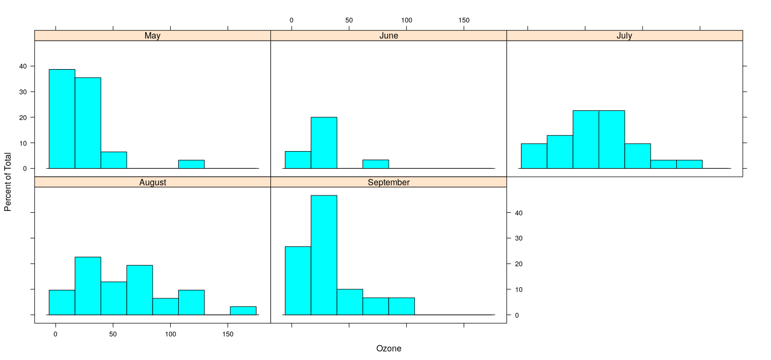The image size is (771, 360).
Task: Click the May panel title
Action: click(153, 36)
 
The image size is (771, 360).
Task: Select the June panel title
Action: click(388, 36)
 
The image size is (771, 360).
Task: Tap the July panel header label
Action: click(624, 36)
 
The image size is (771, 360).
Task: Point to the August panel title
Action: click(153, 182)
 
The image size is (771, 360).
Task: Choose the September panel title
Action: click(388, 182)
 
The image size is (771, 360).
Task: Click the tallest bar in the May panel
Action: click(62, 119)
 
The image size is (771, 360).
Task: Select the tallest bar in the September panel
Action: click(324, 255)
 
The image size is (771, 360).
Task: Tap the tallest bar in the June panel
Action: click(324, 142)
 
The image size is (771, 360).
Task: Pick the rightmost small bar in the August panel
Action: click(243, 311)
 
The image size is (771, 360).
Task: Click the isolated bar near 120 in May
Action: click(191, 164)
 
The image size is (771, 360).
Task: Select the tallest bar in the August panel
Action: click(88, 286)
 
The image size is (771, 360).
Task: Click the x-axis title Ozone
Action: click(388, 349)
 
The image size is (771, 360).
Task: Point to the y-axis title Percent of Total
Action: click(7, 182)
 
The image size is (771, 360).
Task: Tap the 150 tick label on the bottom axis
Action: click(228, 334)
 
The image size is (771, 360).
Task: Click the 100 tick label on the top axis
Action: click(406, 20)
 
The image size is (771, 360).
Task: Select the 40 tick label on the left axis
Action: click(23, 66)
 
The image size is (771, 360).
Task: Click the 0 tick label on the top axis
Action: click(291, 20)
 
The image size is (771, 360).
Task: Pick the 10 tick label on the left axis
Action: click(23, 143)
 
